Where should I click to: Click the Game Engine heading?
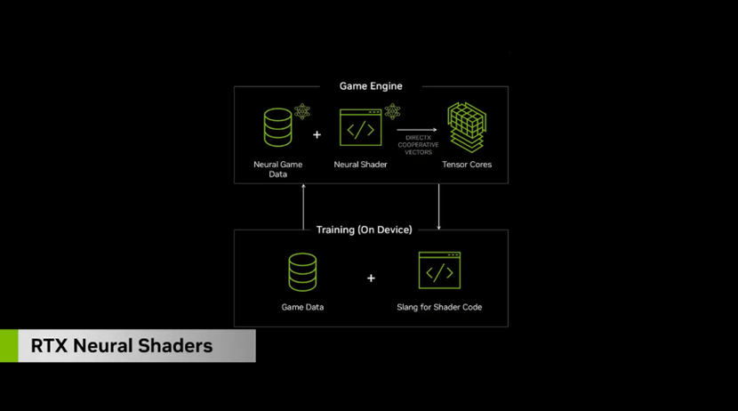point(371,86)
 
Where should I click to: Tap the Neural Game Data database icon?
point(277,126)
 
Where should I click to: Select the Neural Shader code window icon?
point(360,127)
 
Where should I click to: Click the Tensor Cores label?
point(467,165)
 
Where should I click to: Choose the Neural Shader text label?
point(360,165)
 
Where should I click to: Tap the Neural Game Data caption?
point(278,169)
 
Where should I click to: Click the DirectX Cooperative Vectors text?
point(418,144)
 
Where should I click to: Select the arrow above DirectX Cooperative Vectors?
point(417,130)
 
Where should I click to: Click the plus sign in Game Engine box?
point(317,134)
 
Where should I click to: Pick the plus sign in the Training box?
point(371,278)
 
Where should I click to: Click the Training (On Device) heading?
point(365,230)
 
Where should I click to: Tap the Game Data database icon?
point(302,272)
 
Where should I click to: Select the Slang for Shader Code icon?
point(439,270)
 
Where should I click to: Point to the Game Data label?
point(302,307)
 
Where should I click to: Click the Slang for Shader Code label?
point(439,307)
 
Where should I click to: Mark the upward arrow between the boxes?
point(304,206)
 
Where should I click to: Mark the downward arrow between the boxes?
point(439,206)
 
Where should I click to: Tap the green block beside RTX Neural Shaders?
point(9,346)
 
